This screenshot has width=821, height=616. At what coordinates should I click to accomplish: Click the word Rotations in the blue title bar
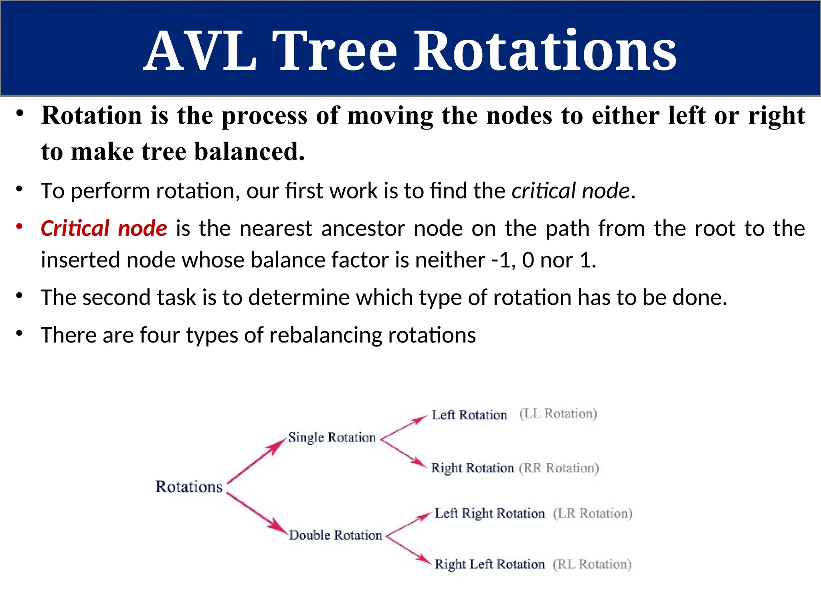point(545,51)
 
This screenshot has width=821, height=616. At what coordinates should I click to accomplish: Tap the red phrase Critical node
point(104,229)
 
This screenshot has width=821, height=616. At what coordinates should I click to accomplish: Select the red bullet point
point(19,227)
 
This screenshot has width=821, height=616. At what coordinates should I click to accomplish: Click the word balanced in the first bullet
point(249,152)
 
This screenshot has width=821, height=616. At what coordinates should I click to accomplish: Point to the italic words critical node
point(571,190)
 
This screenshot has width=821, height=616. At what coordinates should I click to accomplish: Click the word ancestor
point(362,229)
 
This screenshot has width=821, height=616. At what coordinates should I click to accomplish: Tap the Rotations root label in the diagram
point(189,486)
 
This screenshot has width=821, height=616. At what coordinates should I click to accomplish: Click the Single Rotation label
point(332,437)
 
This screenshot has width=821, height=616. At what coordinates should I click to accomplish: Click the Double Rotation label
point(336,535)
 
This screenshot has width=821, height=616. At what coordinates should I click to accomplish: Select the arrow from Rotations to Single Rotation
point(256,461)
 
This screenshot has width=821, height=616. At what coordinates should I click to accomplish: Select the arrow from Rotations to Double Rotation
point(257,513)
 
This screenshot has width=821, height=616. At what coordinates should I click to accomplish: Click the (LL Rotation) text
point(558,413)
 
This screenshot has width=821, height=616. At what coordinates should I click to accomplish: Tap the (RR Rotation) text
point(559,468)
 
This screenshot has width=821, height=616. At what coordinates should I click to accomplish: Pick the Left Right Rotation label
point(489,513)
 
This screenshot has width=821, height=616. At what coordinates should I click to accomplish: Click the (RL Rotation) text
point(592,564)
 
